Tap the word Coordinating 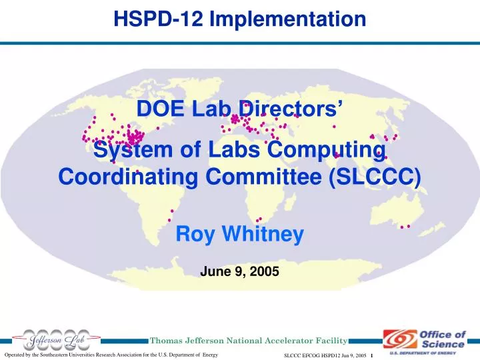120,178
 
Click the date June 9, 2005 239,271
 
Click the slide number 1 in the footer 371,354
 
